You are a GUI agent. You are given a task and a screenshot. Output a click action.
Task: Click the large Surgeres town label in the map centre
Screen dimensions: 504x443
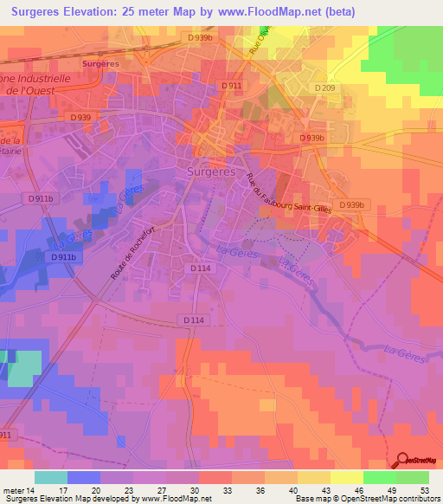[x=211, y=171]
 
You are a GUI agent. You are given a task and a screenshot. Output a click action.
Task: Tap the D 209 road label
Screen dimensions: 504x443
[x=324, y=87]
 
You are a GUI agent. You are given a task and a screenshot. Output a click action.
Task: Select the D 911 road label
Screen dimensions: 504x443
[x=230, y=86]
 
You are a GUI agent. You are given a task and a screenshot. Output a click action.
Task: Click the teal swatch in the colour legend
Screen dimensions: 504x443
[x=51, y=477]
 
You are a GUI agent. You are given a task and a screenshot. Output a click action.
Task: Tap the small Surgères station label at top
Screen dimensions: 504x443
[x=100, y=64]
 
